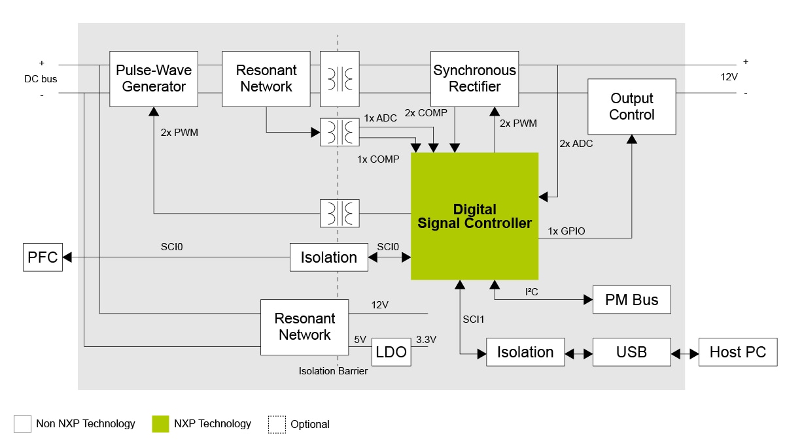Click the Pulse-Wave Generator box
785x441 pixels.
point(153,78)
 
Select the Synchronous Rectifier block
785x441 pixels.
point(474,78)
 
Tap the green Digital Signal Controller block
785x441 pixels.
point(474,216)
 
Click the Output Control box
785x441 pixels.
point(631,106)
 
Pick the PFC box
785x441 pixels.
point(43,257)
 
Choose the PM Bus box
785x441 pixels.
point(631,300)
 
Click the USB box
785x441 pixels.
point(631,352)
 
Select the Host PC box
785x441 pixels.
point(737,352)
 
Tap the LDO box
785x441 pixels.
point(391,353)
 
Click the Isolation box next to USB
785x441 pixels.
point(525,352)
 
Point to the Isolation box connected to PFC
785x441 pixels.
point(328,257)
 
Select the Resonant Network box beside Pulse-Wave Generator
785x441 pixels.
point(266,78)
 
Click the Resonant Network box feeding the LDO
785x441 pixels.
point(304,327)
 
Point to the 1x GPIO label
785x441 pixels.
point(566,231)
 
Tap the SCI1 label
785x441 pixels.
point(474,319)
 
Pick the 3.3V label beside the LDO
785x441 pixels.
point(426,340)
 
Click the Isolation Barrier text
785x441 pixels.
point(333,371)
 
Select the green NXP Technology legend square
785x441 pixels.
point(160,424)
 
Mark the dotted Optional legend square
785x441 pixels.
point(277,424)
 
